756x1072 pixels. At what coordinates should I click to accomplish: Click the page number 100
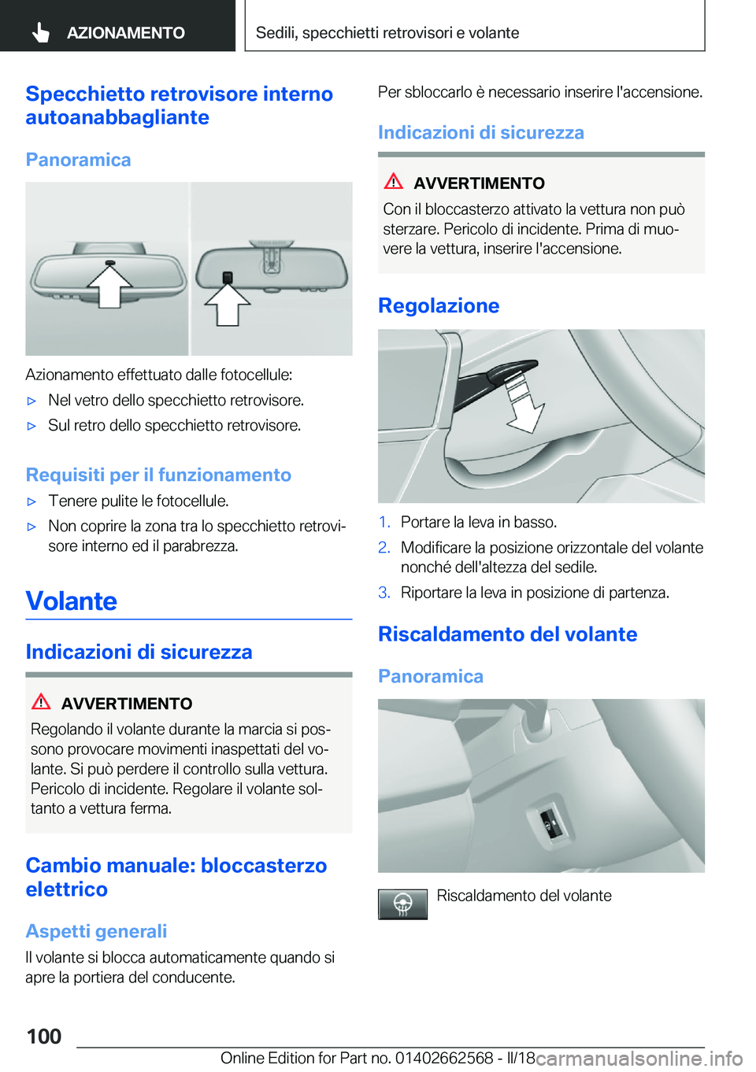(44, 1036)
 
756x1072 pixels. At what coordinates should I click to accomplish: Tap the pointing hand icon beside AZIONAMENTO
(41, 32)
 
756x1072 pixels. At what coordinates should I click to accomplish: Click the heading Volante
(72, 601)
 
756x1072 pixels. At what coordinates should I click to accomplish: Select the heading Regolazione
(439, 305)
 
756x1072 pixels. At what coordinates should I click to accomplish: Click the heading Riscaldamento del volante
(507, 634)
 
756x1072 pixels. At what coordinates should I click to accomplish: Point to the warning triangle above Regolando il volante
(42, 701)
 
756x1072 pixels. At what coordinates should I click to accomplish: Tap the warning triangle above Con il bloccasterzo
(394, 181)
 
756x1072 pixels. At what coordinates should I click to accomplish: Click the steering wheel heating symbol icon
(402, 904)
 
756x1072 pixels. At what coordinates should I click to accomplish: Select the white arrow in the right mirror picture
(228, 304)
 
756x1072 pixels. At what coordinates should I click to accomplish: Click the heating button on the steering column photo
(549, 824)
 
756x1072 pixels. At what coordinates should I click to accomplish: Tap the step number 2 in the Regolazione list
(384, 547)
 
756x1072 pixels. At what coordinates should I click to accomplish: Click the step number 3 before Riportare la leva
(384, 592)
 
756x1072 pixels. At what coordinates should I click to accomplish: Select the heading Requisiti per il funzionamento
(158, 475)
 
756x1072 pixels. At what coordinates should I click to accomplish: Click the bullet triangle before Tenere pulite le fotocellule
(32, 501)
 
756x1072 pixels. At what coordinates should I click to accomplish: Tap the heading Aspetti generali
(96, 931)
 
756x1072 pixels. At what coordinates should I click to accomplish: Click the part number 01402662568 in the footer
(444, 1058)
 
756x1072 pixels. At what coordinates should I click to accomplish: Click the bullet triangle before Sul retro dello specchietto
(32, 426)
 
